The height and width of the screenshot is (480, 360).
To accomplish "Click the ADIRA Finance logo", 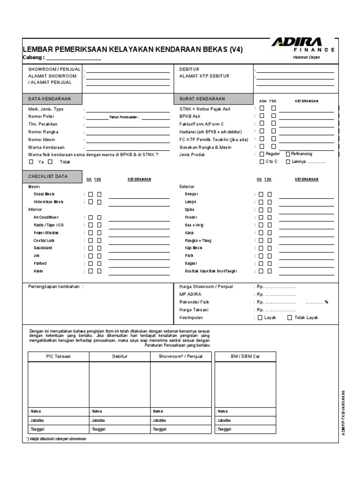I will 302,44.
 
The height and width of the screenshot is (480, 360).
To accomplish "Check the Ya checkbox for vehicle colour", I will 31,162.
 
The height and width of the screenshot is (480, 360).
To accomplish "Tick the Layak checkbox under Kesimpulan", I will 261,318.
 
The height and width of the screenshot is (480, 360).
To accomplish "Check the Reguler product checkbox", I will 261,154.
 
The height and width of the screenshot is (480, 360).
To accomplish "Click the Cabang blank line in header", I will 74,59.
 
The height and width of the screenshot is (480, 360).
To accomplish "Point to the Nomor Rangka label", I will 44,132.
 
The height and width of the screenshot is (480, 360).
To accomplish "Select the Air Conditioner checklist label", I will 46,217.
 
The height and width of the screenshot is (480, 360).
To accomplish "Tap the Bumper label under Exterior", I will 192,194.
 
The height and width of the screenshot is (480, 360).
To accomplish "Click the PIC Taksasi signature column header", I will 58,357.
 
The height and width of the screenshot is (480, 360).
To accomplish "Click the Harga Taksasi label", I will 194,310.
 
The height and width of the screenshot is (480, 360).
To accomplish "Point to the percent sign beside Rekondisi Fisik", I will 326,302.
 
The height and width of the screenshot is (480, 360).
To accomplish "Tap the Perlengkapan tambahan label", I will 56,286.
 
